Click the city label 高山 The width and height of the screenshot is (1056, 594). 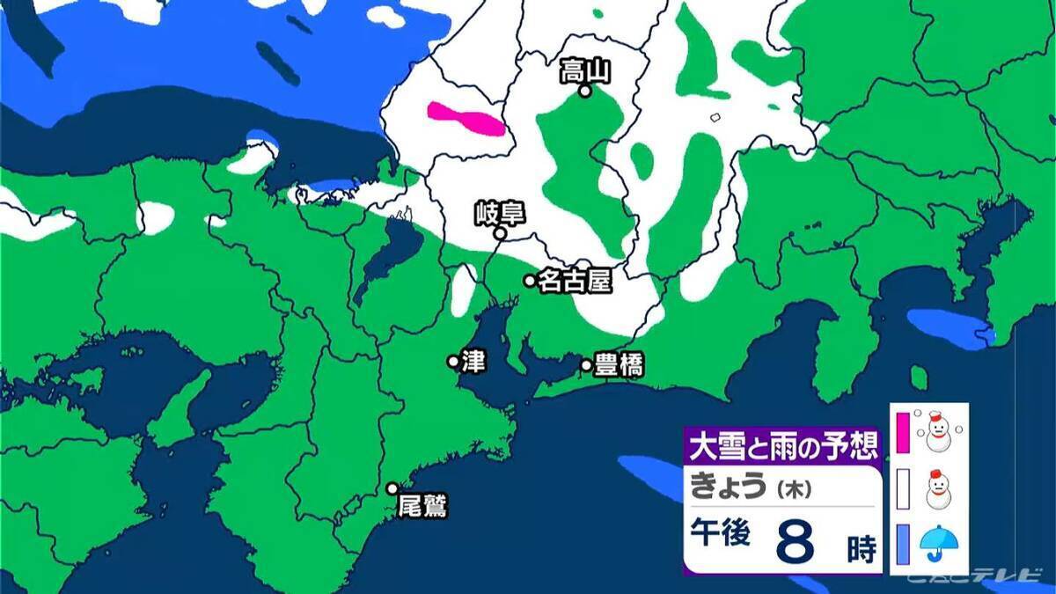coord(585,71)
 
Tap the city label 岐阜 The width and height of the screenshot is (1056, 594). coord(488,214)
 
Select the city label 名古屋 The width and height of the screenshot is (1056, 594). coord(574,281)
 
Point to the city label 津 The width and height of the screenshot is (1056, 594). coord(473,362)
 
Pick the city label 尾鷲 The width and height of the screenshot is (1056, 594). coord(422,507)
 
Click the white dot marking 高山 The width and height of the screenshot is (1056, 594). coord(583,90)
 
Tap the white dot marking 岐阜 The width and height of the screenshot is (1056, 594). coord(499,234)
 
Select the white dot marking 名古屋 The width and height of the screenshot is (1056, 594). coord(530,281)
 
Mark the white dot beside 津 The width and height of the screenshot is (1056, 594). coord(453,361)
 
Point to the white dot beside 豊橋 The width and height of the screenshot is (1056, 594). coord(586,365)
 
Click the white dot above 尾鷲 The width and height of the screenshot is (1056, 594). coord(392,488)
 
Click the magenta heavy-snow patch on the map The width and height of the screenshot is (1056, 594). coord(466,120)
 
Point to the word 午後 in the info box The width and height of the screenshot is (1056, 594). coord(719,536)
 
